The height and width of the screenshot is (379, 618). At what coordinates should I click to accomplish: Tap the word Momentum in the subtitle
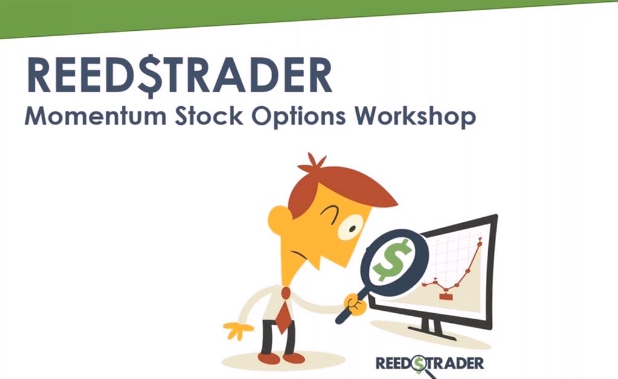click(x=95, y=116)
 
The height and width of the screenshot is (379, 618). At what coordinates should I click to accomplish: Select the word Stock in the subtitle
click(x=209, y=116)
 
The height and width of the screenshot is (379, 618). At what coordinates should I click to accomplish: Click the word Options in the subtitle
click(x=299, y=117)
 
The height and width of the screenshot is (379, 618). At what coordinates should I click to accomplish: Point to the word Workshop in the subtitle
click(x=415, y=117)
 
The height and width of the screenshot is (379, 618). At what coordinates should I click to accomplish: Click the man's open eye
click(x=350, y=228)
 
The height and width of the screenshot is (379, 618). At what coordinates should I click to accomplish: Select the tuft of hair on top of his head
click(x=312, y=163)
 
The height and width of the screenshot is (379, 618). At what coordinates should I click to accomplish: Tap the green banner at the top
click(x=276, y=14)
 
